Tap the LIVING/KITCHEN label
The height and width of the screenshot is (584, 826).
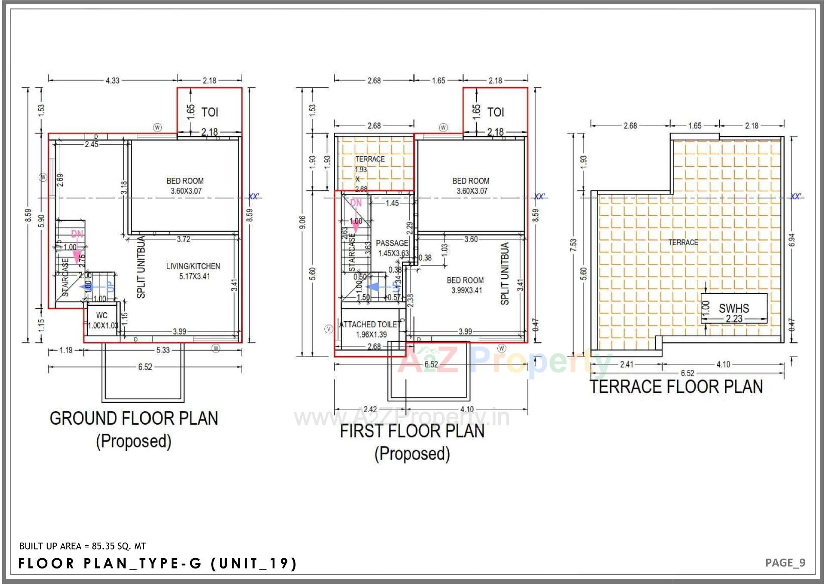point(193,267)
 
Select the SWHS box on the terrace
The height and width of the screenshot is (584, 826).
point(734,308)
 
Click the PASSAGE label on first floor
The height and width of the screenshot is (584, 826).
point(391,243)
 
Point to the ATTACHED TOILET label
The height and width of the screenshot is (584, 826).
point(370,325)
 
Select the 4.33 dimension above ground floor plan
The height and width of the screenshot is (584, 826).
point(112,81)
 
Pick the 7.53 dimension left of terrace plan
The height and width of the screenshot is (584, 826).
point(573,244)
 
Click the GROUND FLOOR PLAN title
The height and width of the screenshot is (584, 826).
point(134,419)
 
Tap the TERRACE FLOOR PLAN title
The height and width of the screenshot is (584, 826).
point(676,387)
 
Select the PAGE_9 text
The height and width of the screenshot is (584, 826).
point(785,563)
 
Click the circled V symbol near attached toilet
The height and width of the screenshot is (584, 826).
point(329,329)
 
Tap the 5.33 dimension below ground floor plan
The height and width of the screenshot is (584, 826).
point(163,350)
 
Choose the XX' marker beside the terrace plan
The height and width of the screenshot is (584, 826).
point(795,196)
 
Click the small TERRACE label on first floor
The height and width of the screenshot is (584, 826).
point(370,159)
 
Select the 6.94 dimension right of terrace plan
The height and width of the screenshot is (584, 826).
point(792,240)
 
